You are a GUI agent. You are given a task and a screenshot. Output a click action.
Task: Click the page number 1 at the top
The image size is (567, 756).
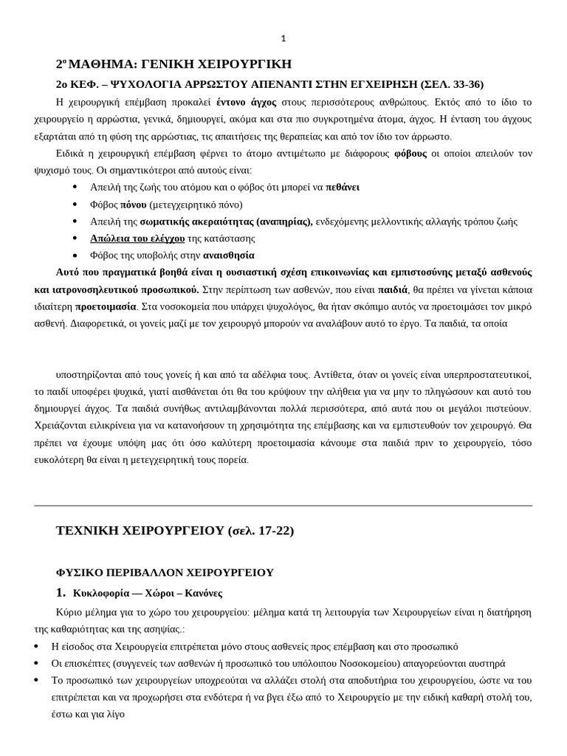283,38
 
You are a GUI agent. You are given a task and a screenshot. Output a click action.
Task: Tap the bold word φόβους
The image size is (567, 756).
410,154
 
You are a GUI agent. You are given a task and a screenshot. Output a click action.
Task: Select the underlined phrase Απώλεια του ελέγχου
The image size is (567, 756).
137,238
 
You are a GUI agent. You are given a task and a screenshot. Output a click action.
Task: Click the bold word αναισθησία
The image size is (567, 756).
229,255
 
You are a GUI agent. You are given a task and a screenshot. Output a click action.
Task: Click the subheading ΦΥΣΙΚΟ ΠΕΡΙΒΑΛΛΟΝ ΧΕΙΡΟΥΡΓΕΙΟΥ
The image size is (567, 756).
165,572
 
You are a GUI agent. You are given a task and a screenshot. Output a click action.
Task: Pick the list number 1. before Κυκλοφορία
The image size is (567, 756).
61,593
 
